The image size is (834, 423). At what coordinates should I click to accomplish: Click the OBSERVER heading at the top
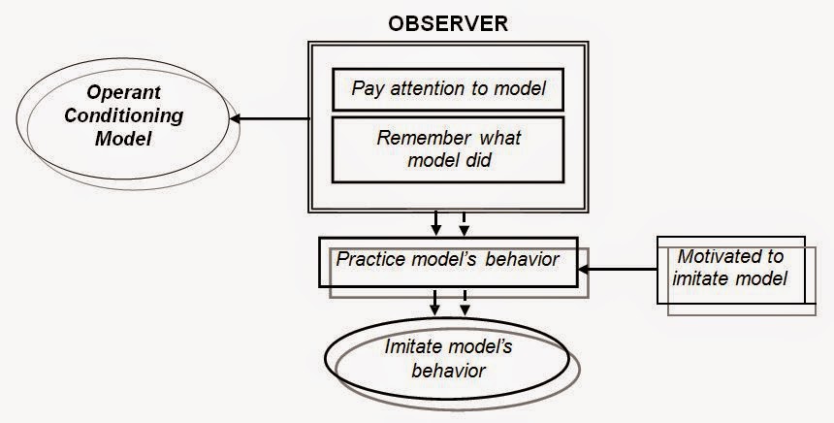tap(447, 23)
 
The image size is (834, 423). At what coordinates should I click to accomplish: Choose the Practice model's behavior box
tap(447, 261)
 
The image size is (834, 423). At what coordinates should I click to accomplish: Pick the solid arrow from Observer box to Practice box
tap(436, 222)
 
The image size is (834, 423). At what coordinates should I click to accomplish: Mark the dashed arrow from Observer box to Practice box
tap(464, 222)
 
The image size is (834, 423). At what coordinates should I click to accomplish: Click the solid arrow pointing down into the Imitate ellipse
tap(436, 302)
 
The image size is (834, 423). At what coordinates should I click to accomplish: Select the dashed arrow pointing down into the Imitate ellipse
tap(465, 302)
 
